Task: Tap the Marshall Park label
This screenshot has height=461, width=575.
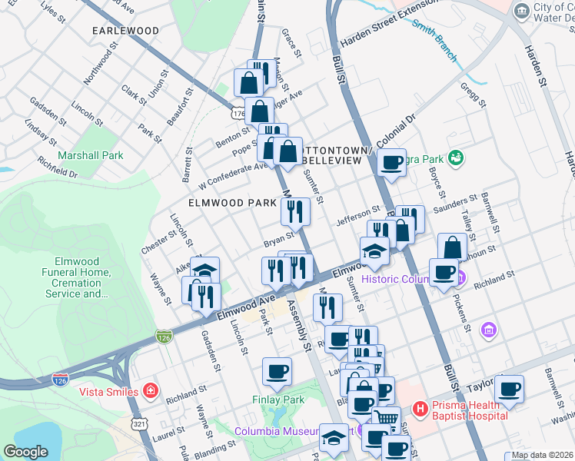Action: [x=91, y=155]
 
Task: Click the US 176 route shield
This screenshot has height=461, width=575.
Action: [x=237, y=113]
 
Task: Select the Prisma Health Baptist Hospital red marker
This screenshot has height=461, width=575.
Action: [x=420, y=408]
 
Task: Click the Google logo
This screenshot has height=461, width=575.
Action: [x=26, y=452]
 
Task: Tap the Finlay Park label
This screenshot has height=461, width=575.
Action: [x=278, y=400]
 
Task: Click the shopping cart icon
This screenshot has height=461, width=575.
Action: [x=386, y=419]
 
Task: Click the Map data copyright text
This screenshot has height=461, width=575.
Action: [x=540, y=455]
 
